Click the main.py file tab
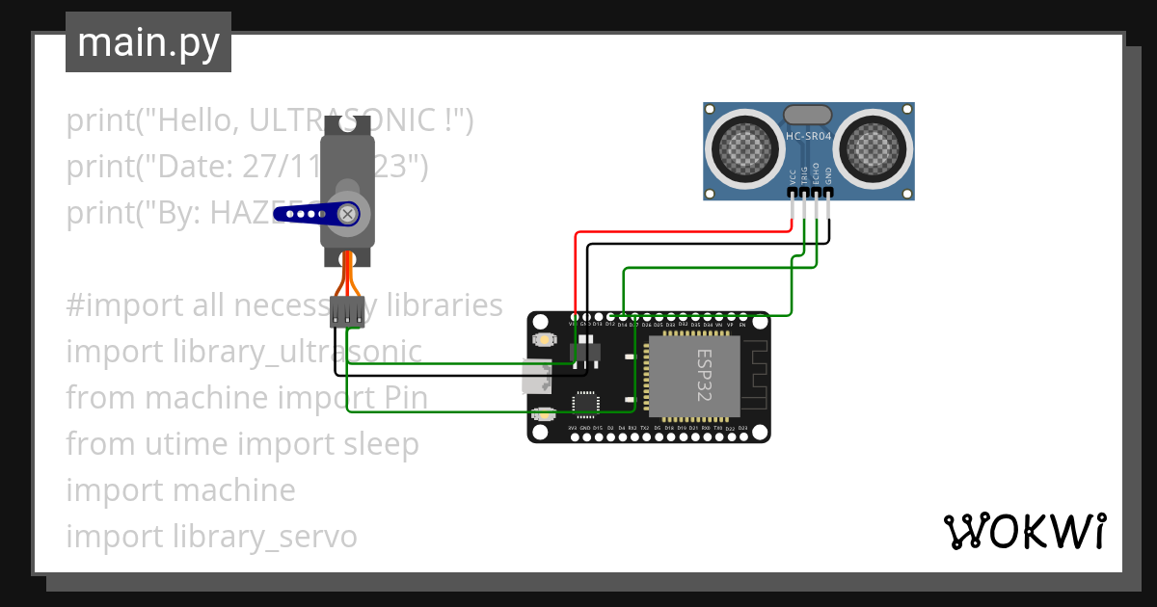148,42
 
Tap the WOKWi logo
1024,531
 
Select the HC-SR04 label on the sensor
808,137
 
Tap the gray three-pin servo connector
347,311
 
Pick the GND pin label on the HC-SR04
828,176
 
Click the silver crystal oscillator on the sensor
808,115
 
